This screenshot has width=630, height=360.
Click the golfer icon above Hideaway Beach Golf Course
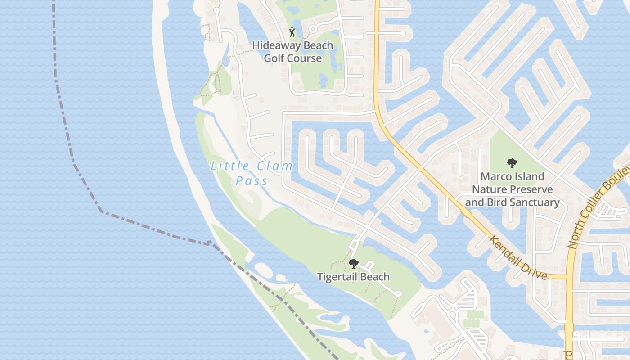click(292, 32)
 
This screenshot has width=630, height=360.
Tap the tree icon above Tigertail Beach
click(354, 264)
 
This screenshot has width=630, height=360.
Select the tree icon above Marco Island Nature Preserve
click(512, 163)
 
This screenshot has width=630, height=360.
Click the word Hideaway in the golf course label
click(273, 45)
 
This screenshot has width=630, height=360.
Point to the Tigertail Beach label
click(353, 277)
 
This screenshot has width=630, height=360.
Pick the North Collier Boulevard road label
click(598, 207)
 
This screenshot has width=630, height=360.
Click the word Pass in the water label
click(252, 181)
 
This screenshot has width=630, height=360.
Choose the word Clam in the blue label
click(275, 166)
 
